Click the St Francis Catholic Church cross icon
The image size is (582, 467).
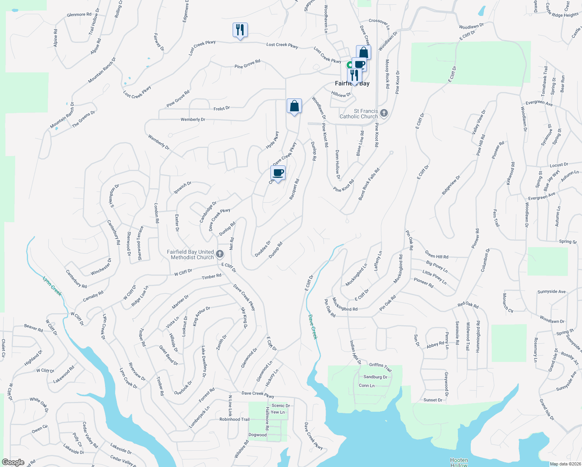[384, 113]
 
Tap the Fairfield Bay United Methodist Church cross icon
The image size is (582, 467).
[220, 255]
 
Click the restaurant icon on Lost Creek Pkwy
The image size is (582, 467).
[240, 30]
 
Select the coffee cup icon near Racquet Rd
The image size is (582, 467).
[278, 172]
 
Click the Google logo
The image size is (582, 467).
[13, 462]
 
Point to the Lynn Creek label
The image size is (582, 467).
[52, 286]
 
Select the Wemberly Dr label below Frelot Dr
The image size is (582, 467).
[193, 119]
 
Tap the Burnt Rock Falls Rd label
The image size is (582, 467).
[369, 184]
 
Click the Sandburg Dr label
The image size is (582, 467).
[375, 377]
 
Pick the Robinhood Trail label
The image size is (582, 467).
[235, 420]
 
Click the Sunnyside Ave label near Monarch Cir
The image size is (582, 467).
[551, 292]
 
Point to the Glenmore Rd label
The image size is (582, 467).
[79, 15]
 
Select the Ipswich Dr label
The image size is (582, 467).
[182, 187]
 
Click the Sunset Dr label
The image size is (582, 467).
[433, 400]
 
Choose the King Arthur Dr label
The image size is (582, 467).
[202, 316]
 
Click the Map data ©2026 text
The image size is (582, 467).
[565, 464]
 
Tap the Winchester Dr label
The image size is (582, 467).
[101, 267]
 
